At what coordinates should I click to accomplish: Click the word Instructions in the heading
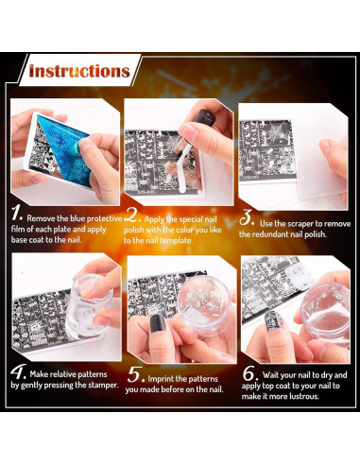click(79, 71)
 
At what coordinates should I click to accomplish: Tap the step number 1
click(16, 214)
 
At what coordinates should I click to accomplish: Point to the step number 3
click(247, 217)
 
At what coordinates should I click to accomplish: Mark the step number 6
click(250, 373)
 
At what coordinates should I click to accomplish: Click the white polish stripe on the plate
click(183, 169)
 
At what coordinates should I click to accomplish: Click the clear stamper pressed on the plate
click(89, 301)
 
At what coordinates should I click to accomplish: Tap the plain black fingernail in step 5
click(158, 323)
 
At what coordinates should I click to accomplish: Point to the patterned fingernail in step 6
click(271, 320)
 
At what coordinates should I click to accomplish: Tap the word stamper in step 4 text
click(103, 385)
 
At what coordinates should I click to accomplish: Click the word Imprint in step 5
click(161, 379)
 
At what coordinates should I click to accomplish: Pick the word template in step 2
click(176, 240)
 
